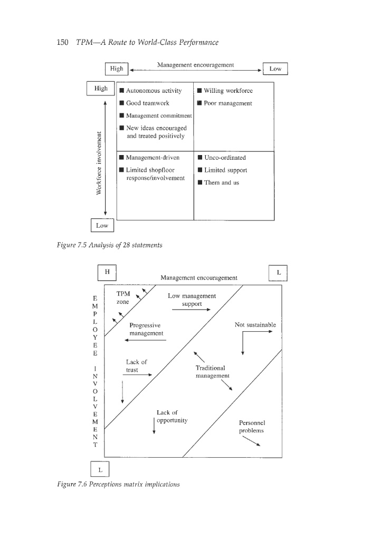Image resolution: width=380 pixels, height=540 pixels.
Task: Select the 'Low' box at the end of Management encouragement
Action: tap(275, 70)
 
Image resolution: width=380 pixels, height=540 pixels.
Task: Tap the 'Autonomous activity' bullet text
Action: tap(154, 91)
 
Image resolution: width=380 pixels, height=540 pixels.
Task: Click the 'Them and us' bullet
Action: tap(221, 182)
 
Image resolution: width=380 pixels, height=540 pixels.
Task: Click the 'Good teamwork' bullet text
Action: tap(147, 103)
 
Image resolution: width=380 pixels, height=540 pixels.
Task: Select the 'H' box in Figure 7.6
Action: tap(107, 272)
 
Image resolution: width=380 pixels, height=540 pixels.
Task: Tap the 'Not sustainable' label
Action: tap(255, 324)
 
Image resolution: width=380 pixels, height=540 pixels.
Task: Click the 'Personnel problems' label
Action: tap(251, 427)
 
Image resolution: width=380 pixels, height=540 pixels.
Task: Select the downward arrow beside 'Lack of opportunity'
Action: tap(154, 426)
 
